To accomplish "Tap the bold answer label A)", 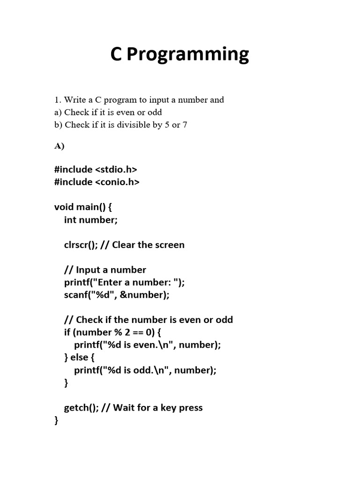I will coord(59,146).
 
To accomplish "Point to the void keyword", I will coord(64,207).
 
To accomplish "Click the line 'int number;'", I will coord(91,219).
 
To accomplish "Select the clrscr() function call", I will coord(81,245).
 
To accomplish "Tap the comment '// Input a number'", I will coord(105,270).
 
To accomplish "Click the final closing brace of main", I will coord(57,420).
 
